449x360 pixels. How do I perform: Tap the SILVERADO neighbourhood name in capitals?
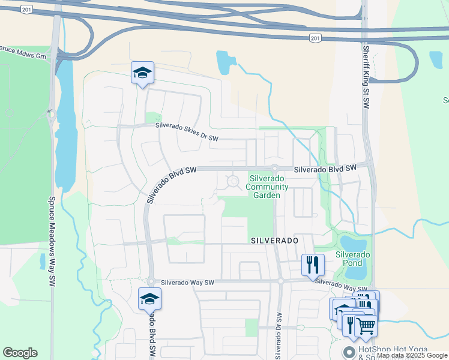[274, 240]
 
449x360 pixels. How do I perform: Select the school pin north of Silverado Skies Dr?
[142, 73]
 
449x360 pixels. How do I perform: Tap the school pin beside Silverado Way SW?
[149, 299]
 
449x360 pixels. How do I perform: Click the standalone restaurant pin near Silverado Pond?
[313, 264]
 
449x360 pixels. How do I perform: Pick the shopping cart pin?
[366, 326]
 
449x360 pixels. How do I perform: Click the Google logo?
[20, 353]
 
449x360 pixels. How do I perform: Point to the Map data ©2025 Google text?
[412, 356]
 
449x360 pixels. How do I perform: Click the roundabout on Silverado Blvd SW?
[274, 169]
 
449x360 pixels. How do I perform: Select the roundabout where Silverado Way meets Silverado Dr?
[280, 281]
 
